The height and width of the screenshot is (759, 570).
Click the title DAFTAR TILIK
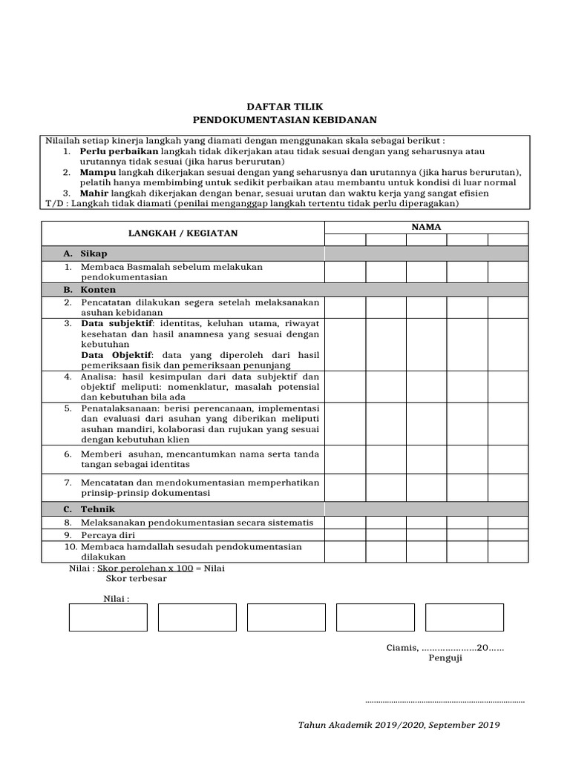tap(285, 107)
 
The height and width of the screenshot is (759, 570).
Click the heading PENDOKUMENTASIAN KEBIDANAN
tap(285, 119)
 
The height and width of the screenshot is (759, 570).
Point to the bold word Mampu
tap(96, 172)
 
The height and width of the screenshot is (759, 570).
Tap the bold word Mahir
tap(94, 193)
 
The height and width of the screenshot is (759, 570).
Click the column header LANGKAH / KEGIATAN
tap(183, 233)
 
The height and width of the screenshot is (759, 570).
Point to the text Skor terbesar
tap(137, 579)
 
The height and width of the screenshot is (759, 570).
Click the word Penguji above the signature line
tap(445, 658)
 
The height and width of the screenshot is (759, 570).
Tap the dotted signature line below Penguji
tap(445, 700)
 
